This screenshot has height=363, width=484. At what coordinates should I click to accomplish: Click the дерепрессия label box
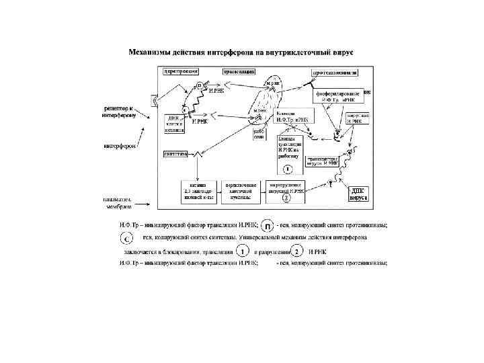tap(177, 71)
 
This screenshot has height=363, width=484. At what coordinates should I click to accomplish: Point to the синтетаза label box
tap(175, 154)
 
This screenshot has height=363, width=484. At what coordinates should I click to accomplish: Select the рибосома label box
tap(260, 134)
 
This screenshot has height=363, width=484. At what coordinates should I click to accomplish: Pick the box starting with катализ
tap(198, 191)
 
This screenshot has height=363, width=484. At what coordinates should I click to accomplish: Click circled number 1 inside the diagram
tap(287, 169)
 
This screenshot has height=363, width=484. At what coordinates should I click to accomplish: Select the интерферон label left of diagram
tap(119, 145)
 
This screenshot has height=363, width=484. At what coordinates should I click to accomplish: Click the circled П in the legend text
tap(267, 226)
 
